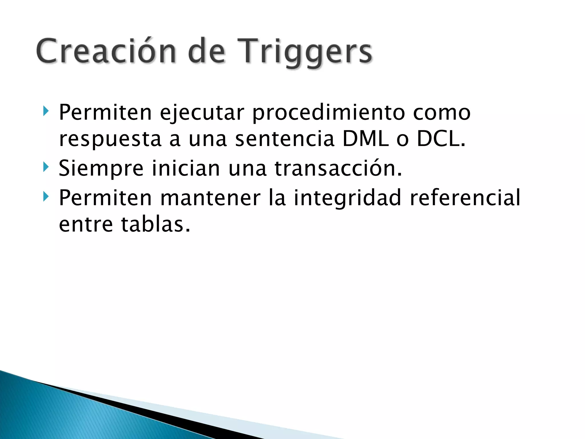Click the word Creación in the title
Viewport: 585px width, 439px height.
point(106,51)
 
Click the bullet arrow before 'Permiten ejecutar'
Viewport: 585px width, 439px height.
point(45,111)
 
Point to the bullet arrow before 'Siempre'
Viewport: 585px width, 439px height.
point(45,167)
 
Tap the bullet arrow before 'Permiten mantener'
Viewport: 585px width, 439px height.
point(45,196)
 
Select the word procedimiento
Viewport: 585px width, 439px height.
point(328,113)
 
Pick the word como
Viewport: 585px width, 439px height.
point(442,113)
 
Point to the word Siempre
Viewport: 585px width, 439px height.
point(101,169)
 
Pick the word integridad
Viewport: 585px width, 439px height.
point(347,198)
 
